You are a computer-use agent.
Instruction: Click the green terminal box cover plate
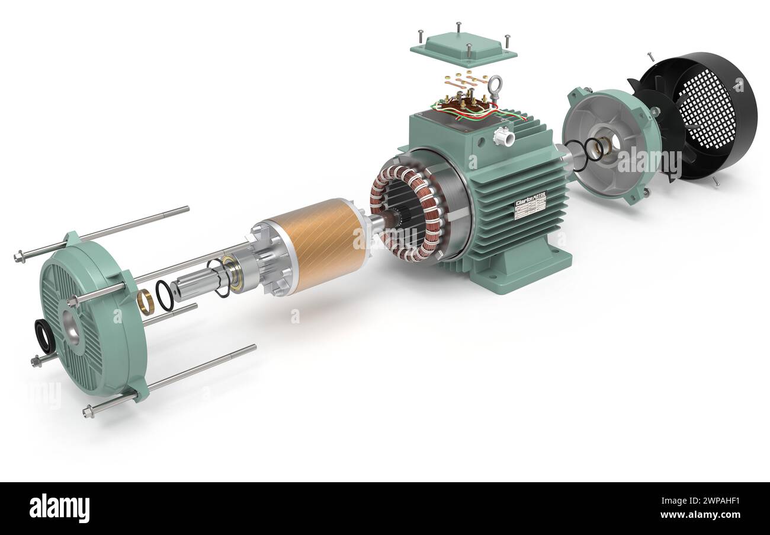(x=462, y=47)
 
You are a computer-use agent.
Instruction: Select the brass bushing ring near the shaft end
(x=145, y=302)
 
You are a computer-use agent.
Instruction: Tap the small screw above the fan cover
(x=650, y=56)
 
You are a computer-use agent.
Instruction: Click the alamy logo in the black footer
(x=59, y=508)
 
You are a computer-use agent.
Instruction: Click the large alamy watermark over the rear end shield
(x=649, y=160)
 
